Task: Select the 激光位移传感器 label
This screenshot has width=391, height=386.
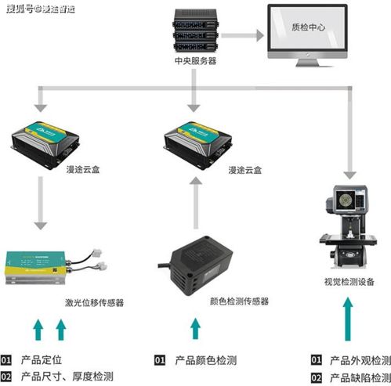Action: click(95, 302)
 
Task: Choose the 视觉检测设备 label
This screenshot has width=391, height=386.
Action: click(349, 283)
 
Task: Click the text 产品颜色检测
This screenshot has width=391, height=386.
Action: click(206, 360)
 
